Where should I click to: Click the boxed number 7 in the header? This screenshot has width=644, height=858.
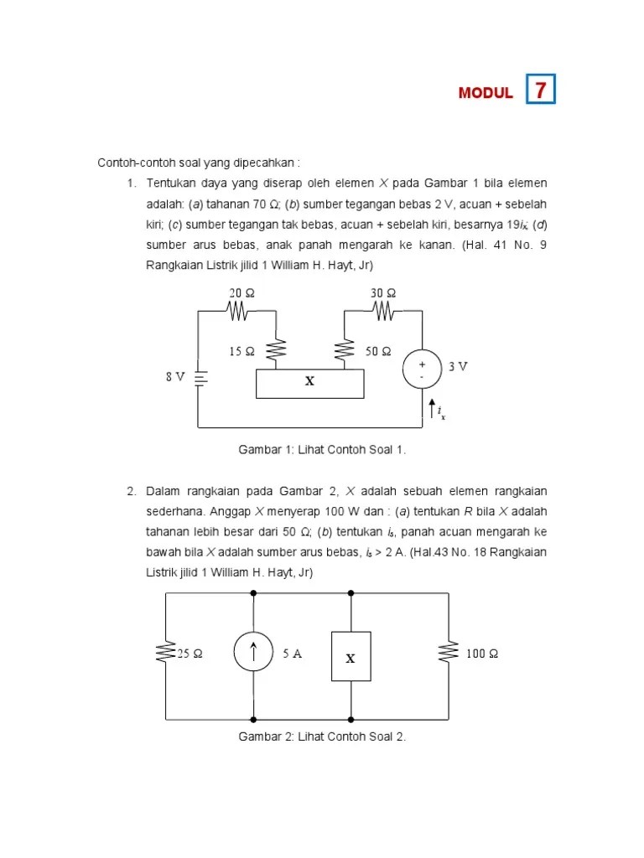pos(541,90)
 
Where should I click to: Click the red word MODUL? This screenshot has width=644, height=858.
pos(486,93)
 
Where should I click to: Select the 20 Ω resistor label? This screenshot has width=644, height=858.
pos(241,293)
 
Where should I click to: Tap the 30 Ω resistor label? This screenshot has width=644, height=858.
pos(383,293)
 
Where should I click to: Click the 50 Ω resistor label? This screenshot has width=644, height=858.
pos(378,352)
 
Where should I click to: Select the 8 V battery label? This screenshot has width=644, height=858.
pos(174,377)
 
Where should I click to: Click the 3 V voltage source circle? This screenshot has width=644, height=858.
pos(422,370)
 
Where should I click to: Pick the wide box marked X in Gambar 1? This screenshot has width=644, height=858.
pos(309,382)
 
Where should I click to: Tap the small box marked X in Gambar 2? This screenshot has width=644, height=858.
pos(351,659)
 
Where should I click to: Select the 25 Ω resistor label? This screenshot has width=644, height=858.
pos(189,654)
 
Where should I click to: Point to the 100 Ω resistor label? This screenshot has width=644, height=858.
pos(482,654)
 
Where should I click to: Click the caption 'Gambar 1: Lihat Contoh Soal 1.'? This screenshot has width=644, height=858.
pos(322,450)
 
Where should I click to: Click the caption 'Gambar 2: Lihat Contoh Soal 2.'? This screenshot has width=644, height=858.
pos(322,737)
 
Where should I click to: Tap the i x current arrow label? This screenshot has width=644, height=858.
pos(440,411)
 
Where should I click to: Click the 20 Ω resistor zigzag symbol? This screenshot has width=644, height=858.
pos(238,311)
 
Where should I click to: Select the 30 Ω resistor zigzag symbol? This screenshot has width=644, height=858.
pos(383,311)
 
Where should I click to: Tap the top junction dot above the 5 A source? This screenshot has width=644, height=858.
pos(253,592)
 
